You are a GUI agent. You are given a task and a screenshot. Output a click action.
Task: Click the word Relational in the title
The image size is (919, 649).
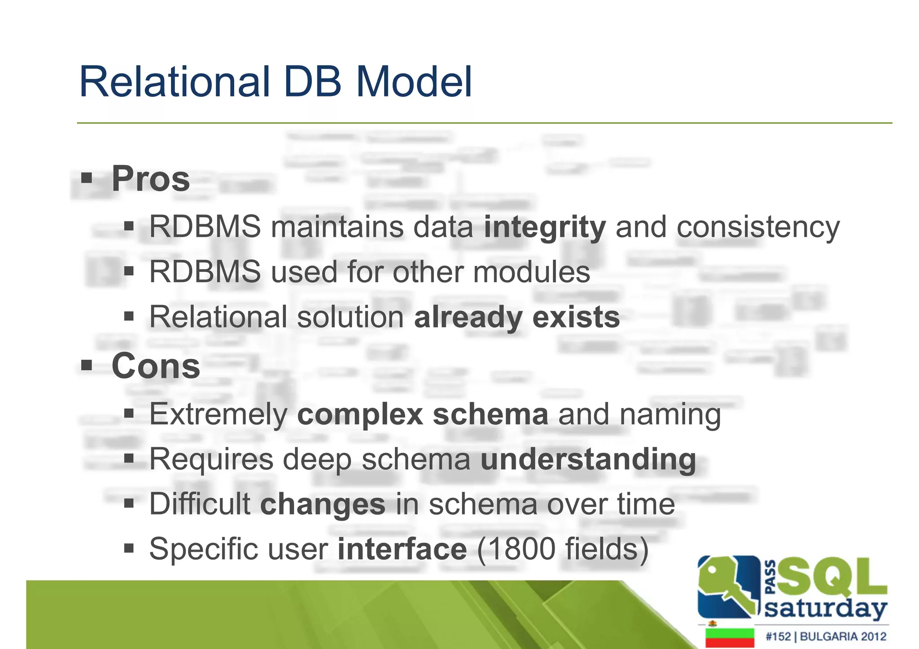[174, 82]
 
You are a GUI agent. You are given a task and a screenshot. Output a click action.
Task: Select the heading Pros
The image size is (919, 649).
[150, 179]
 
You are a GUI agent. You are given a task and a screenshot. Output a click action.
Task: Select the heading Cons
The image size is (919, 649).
[155, 366]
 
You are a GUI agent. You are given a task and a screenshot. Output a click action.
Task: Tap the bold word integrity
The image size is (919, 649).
[545, 227]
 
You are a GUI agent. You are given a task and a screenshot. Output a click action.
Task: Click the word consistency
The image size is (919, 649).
[758, 227]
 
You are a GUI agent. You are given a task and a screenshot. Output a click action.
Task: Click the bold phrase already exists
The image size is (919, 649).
[516, 317]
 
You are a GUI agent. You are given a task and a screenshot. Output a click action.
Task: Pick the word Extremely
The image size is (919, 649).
[218, 414]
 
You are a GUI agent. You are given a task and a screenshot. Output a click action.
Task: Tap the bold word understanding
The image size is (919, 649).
[588, 459]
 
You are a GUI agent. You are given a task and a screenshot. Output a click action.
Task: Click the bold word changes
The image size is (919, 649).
[323, 504]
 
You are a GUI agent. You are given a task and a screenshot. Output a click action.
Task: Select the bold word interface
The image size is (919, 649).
[402, 549]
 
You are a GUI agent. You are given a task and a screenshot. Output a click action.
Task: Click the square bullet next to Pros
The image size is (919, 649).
[87, 179]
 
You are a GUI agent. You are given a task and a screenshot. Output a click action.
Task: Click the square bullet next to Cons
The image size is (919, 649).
[87, 365]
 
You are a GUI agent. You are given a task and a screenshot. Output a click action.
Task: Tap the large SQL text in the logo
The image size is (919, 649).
[831, 577]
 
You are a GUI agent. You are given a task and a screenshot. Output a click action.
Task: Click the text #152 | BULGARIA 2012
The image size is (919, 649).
[826, 636]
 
